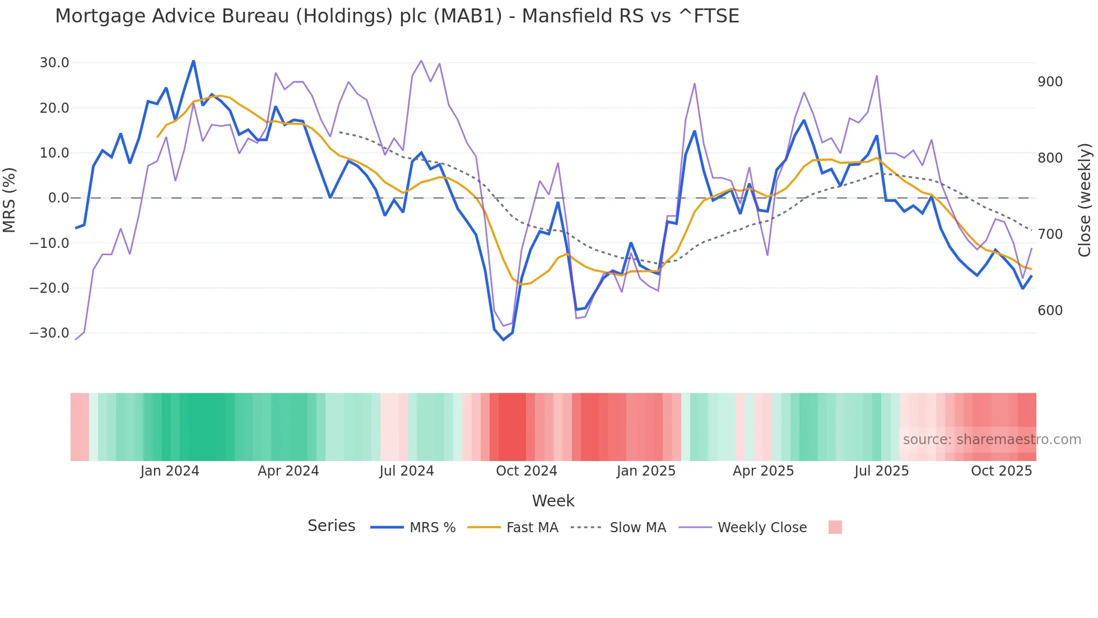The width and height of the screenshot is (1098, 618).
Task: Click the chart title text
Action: pyautogui.click(x=397, y=16)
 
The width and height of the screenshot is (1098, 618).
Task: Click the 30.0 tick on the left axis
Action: pyautogui.click(x=54, y=63)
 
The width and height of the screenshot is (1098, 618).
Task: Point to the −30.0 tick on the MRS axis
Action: pyautogui.click(x=49, y=333)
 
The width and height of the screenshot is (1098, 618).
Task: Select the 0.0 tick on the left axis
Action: pyautogui.click(x=58, y=198)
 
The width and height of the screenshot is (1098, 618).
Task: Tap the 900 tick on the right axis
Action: pyautogui.click(x=1050, y=82)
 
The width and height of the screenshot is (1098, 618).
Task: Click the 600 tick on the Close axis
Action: pyautogui.click(x=1050, y=311)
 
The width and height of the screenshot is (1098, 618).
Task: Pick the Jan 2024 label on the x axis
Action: pyautogui.click(x=170, y=471)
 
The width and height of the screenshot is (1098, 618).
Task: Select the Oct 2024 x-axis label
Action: pyautogui.click(x=526, y=471)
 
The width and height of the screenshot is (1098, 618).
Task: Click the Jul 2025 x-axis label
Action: pyautogui.click(x=881, y=471)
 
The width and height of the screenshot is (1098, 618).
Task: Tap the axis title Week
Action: pyautogui.click(x=553, y=501)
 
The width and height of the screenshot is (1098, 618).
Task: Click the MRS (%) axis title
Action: pyautogui.click(x=10, y=200)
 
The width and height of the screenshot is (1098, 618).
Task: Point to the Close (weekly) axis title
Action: pyautogui.click(x=1085, y=200)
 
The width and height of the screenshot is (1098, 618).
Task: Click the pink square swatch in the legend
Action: pyautogui.click(x=835, y=527)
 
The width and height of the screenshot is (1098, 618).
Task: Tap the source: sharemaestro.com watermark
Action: pyautogui.click(x=992, y=440)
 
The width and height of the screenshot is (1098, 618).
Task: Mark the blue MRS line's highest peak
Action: pyautogui.click(x=193, y=61)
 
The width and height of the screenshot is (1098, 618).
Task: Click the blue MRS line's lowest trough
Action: pyautogui.click(x=503, y=340)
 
